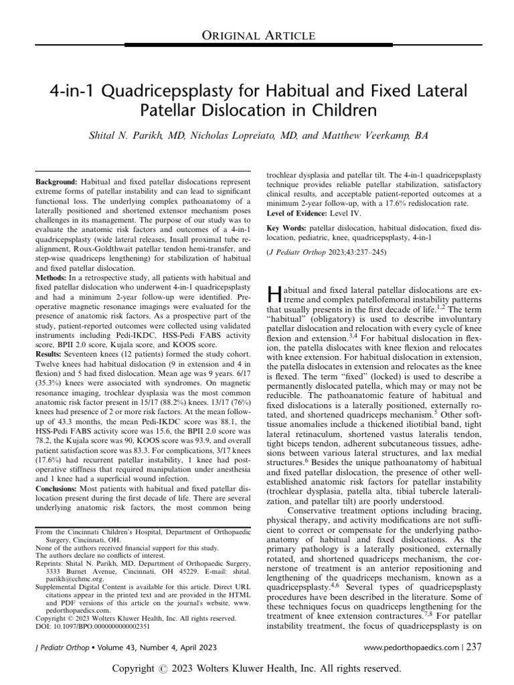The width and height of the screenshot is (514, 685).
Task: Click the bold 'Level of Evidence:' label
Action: point(299,213)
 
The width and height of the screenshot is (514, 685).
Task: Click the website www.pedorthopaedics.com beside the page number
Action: point(409,648)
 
